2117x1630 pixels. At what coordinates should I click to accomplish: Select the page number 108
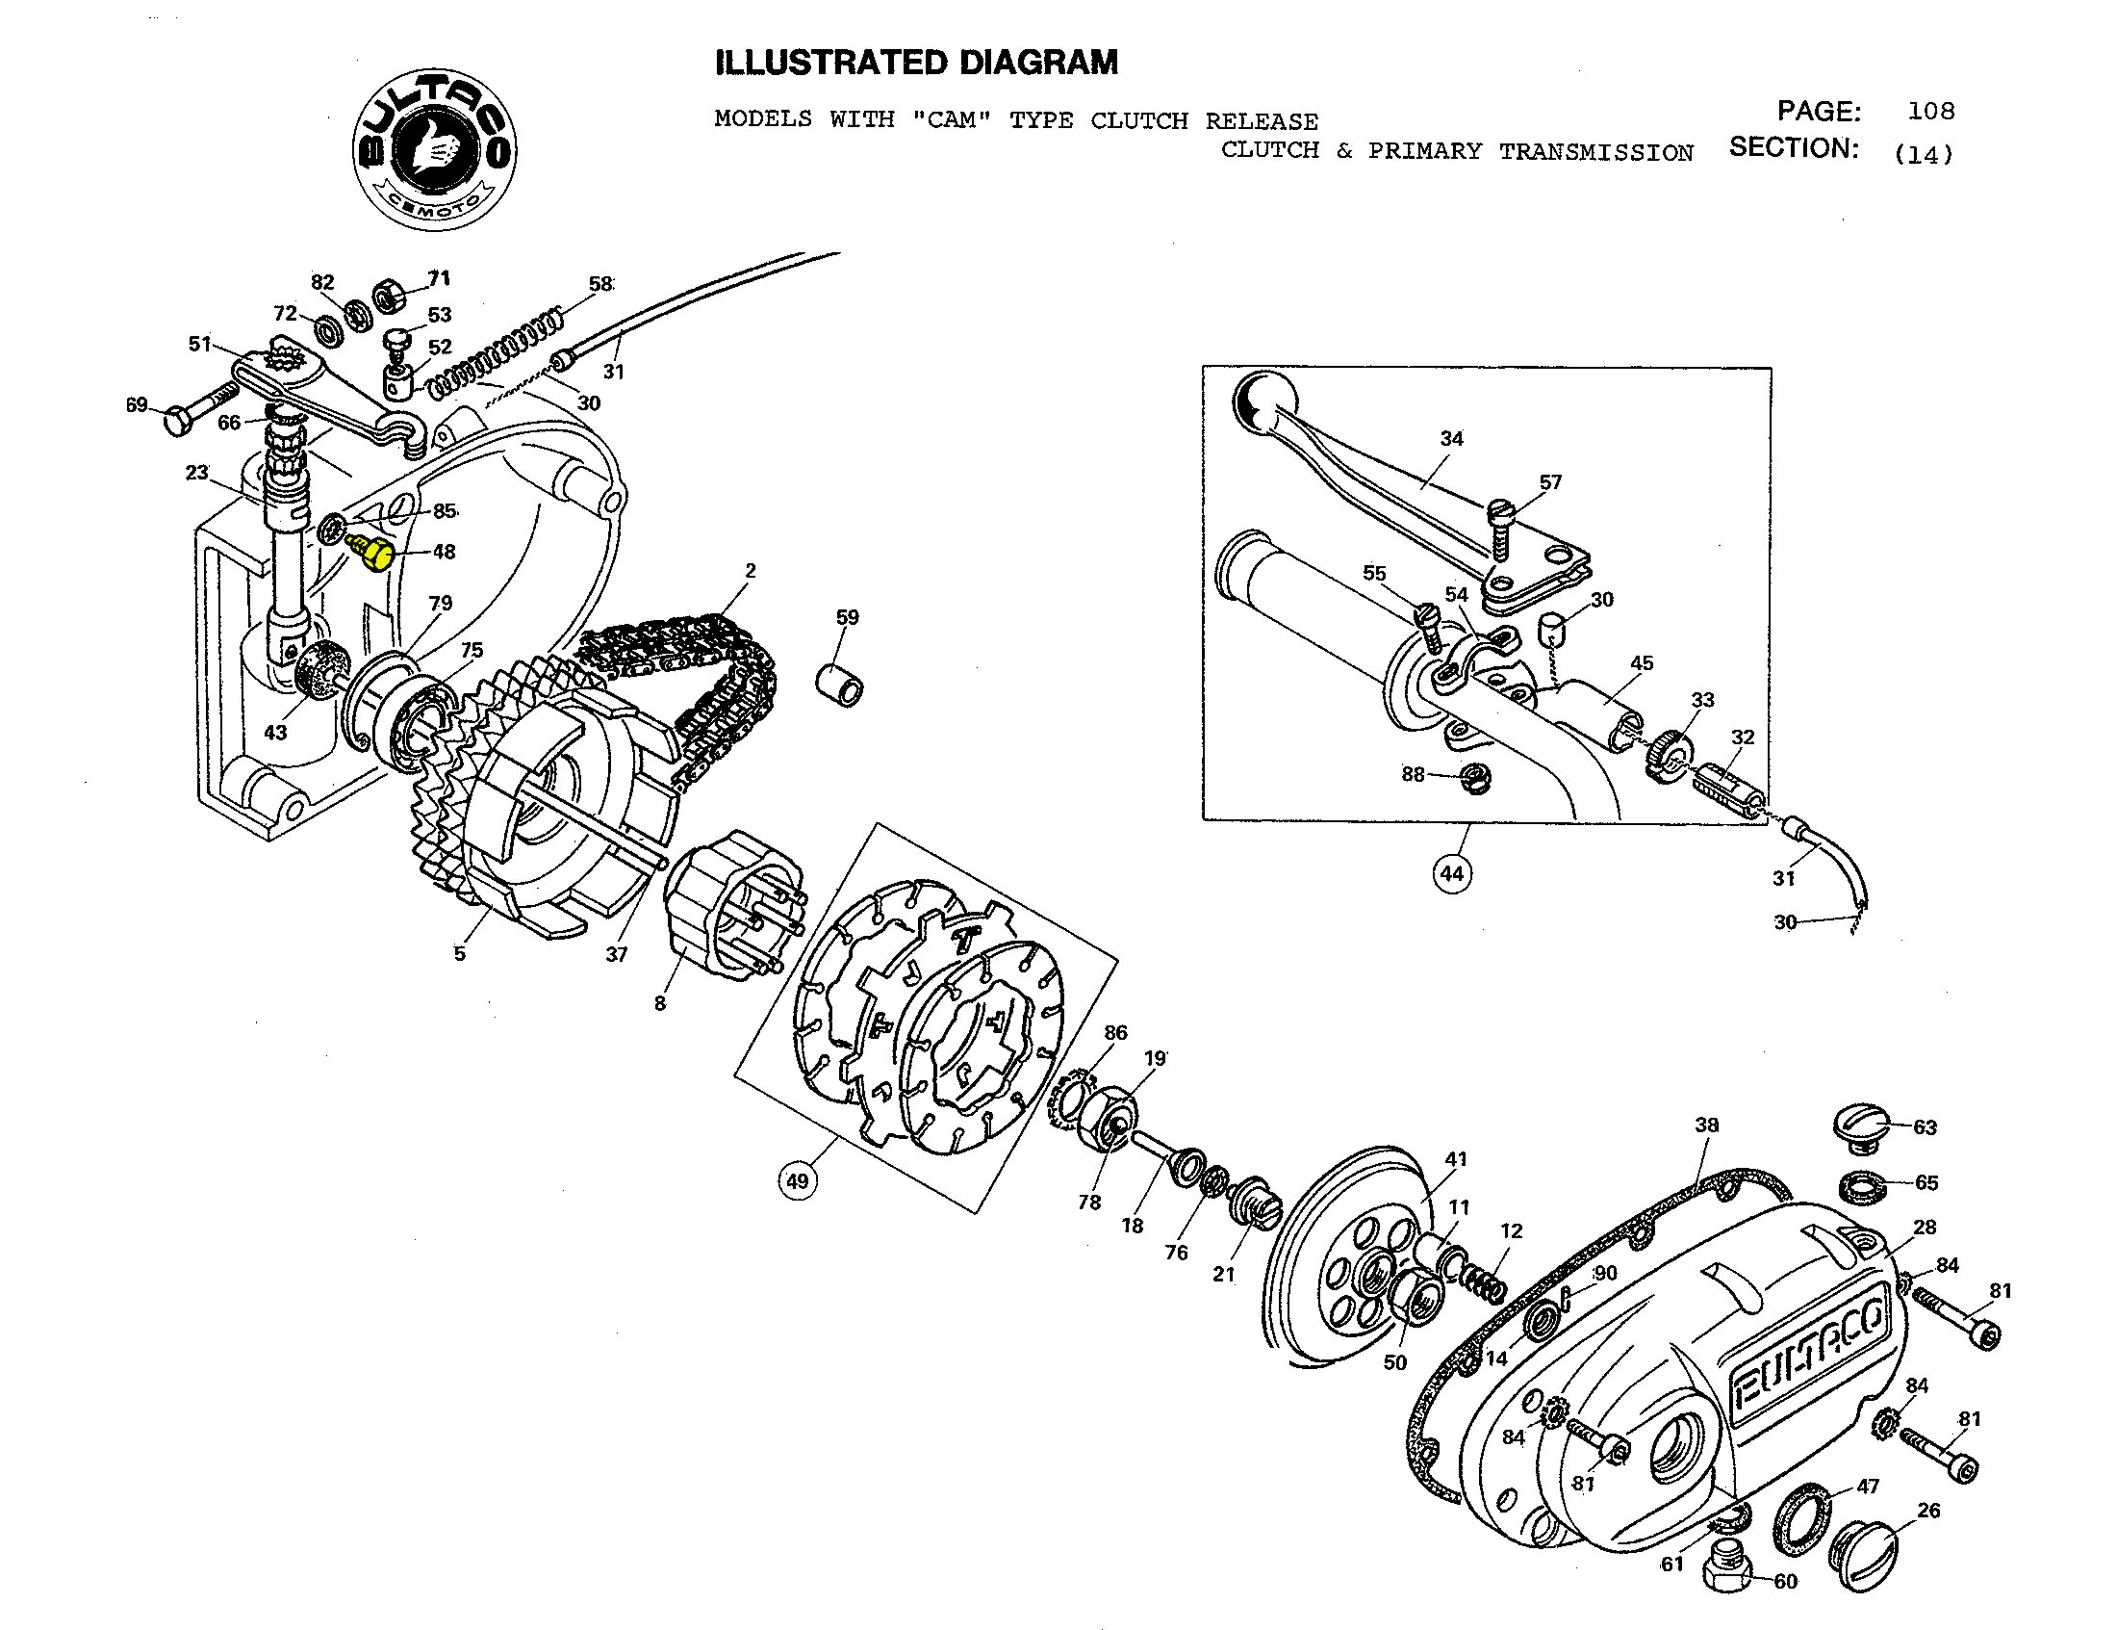click(1930, 111)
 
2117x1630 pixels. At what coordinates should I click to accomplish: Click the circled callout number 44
click(1451, 873)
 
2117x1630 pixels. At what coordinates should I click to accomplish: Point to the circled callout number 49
click(797, 1181)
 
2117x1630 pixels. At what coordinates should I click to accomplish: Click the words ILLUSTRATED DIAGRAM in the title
click(916, 63)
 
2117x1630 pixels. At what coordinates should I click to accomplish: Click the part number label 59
click(846, 617)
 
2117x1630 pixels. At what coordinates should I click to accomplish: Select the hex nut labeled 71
click(389, 294)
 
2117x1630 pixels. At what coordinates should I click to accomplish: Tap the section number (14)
click(1924, 154)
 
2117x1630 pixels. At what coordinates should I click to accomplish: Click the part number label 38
click(1706, 1125)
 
